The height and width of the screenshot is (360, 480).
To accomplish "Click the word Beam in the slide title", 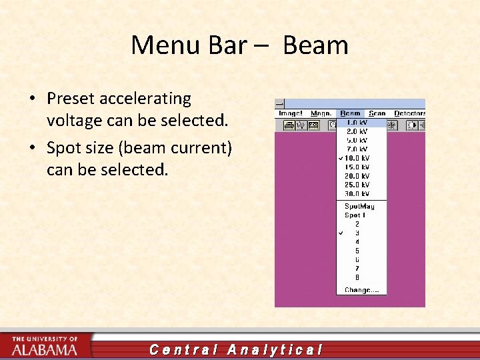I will (315, 45).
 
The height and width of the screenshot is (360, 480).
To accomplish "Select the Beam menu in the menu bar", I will (350, 113).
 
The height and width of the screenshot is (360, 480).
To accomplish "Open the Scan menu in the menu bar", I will (377, 113).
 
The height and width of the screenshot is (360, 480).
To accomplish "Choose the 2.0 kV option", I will (356, 131).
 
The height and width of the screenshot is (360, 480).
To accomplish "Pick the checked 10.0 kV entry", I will (357, 158).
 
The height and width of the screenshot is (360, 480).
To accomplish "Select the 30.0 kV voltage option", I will (357, 193).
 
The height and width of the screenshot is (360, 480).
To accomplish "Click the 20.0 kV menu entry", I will (357, 176).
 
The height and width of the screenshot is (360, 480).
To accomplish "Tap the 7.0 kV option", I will (356, 149).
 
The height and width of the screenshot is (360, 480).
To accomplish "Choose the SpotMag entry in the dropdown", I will (360, 206).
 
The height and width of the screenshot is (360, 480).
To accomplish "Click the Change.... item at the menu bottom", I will (361, 290).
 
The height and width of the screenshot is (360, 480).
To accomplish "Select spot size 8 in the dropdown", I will (357, 277).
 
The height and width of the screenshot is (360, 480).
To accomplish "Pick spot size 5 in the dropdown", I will (357, 251).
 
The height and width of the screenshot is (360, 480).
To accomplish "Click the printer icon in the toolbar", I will (289, 125).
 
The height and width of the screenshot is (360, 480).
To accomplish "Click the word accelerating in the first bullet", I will (145, 99).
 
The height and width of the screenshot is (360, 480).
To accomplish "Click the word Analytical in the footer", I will (275, 349).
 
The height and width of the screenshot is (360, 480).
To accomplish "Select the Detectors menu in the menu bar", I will (409, 113).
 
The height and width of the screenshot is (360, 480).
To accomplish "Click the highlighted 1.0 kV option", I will (357, 123).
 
